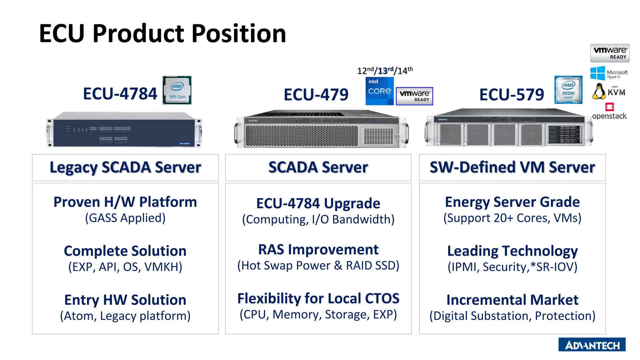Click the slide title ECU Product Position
click(162, 33)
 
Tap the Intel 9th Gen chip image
click(177, 90)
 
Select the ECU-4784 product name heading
click(120, 94)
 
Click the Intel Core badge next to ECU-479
click(379, 91)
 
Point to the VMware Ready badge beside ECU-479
click(414, 96)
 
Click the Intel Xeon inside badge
click(568, 90)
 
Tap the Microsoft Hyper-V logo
click(609, 73)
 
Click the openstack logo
click(609, 112)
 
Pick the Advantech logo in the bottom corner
click(592, 345)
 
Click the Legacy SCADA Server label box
click(125, 167)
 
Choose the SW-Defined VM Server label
click(512, 167)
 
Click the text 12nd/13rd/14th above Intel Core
click(385, 71)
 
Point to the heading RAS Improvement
click(318, 250)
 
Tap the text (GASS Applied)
click(125, 218)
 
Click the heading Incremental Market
click(512, 300)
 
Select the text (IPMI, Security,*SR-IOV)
click(512, 267)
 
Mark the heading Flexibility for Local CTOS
click(318, 298)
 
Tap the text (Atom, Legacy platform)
click(125, 316)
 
